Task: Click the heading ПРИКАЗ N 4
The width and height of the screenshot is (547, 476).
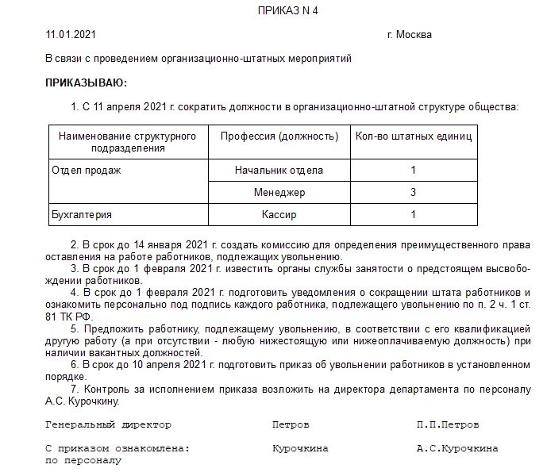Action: [287, 10]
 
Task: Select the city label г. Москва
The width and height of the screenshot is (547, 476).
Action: [410, 35]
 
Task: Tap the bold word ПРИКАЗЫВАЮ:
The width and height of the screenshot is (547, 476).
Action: [86, 83]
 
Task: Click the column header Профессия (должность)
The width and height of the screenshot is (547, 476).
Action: [279, 136]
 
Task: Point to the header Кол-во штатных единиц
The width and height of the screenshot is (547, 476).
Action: [413, 136]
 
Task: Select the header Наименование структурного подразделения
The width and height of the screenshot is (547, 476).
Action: [127, 142]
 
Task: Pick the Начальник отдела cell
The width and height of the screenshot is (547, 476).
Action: [279, 170]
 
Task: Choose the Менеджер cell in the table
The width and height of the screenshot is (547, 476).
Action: [279, 192]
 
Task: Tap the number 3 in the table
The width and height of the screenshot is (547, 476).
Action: [413, 192]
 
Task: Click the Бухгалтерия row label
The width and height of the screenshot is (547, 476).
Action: [81, 214]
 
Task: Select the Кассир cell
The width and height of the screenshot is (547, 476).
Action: [279, 214]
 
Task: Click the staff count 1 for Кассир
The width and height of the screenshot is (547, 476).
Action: [413, 214]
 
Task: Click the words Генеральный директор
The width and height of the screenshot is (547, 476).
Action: [109, 425]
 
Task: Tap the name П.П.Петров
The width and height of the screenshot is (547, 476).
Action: [448, 425]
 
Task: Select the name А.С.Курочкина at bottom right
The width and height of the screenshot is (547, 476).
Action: [457, 449]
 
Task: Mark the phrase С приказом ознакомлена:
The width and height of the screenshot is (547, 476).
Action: [117, 449]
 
